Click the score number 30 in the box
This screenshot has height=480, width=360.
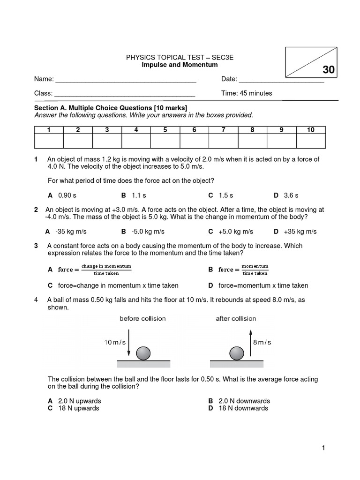329,70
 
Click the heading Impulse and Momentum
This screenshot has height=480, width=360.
180,65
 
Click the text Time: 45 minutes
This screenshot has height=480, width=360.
247,93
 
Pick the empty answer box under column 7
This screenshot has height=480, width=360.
223,141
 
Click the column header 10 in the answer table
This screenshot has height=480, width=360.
311,130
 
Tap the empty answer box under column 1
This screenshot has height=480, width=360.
49,141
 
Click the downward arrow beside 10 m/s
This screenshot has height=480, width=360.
129,343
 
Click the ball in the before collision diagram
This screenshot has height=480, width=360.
143,353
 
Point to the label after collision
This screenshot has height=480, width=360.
236,318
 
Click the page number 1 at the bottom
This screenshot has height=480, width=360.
323,448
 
